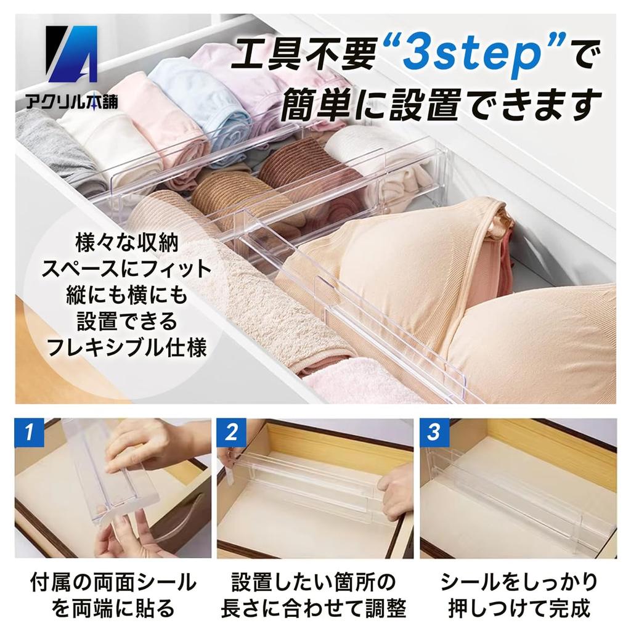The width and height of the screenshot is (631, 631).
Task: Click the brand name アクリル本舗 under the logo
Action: tap(72, 102)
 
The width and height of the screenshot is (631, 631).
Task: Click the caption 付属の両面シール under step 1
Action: tap(113, 582)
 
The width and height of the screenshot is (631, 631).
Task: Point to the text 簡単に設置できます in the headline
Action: tap(441, 103)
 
